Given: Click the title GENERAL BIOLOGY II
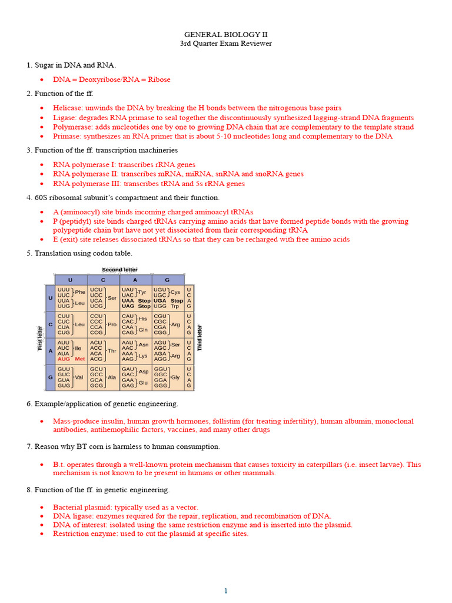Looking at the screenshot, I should click(x=225, y=35).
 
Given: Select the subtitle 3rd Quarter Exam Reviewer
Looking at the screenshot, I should click(x=225, y=44).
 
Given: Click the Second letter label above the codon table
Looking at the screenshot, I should click(x=119, y=270).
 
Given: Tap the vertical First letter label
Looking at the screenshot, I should click(x=40, y=338).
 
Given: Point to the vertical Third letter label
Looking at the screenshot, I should click(x=200, y=338).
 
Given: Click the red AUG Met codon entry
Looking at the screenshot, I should click(x=71, y=359).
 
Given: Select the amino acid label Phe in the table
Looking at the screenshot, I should click(x=80, y=292).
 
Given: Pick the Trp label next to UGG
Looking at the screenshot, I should click(x=175, y=306).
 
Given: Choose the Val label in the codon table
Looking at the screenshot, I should click(x=78, y=377).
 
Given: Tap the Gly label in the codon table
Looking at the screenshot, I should click(x=175, y=377).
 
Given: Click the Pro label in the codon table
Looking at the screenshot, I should click(x=112, y=324).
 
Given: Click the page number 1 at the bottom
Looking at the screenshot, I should click(x=225, y=591).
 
